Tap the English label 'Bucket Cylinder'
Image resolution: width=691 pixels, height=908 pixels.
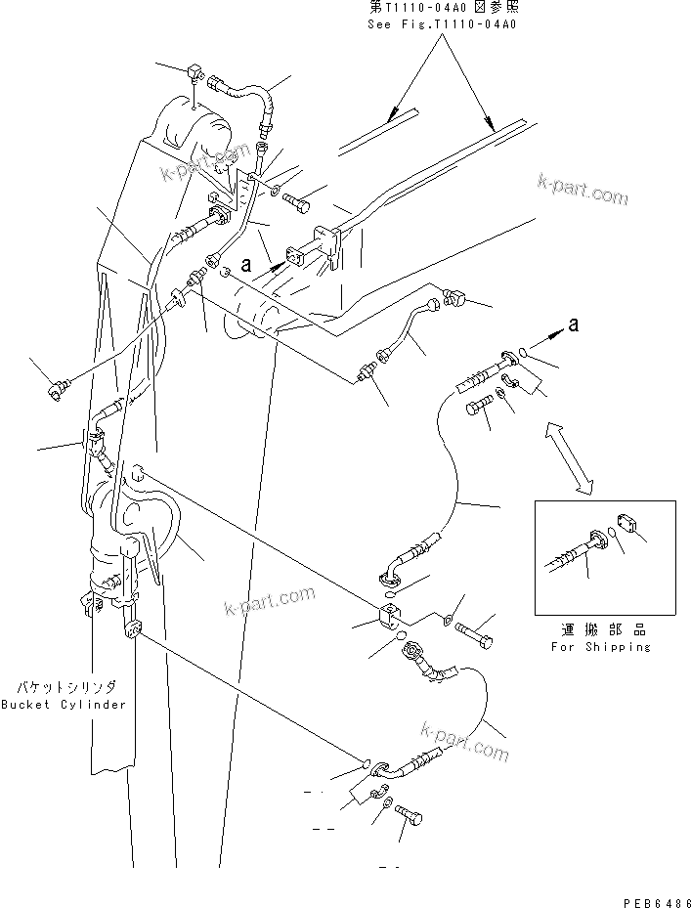pyautogui.click(x=63, y=705)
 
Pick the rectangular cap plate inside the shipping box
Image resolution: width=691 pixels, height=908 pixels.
pyautogui.click(x=628, y=526)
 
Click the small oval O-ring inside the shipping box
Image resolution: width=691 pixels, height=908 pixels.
pyautogui.click(x=611, y=535)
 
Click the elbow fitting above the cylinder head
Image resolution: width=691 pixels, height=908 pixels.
pyautogui.click(x=192, y=73)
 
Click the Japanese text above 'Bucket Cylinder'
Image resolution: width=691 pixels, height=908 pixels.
pyautogui.click(x=63, y=687)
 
